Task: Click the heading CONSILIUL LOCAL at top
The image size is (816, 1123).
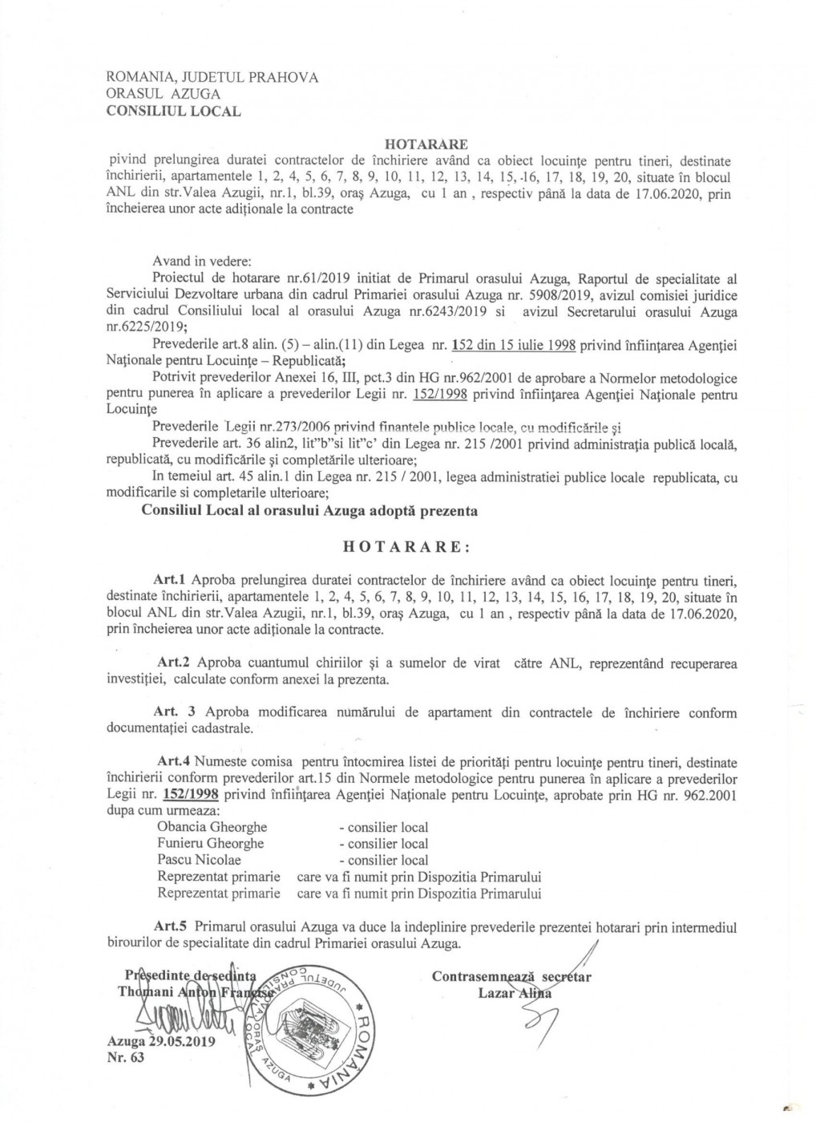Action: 173,111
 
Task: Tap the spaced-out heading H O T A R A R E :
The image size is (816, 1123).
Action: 407,547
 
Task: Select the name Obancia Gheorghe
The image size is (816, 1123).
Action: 212,827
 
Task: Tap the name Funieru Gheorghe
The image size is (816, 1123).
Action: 211,843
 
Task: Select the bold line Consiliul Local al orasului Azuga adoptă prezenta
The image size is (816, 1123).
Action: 309,511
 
